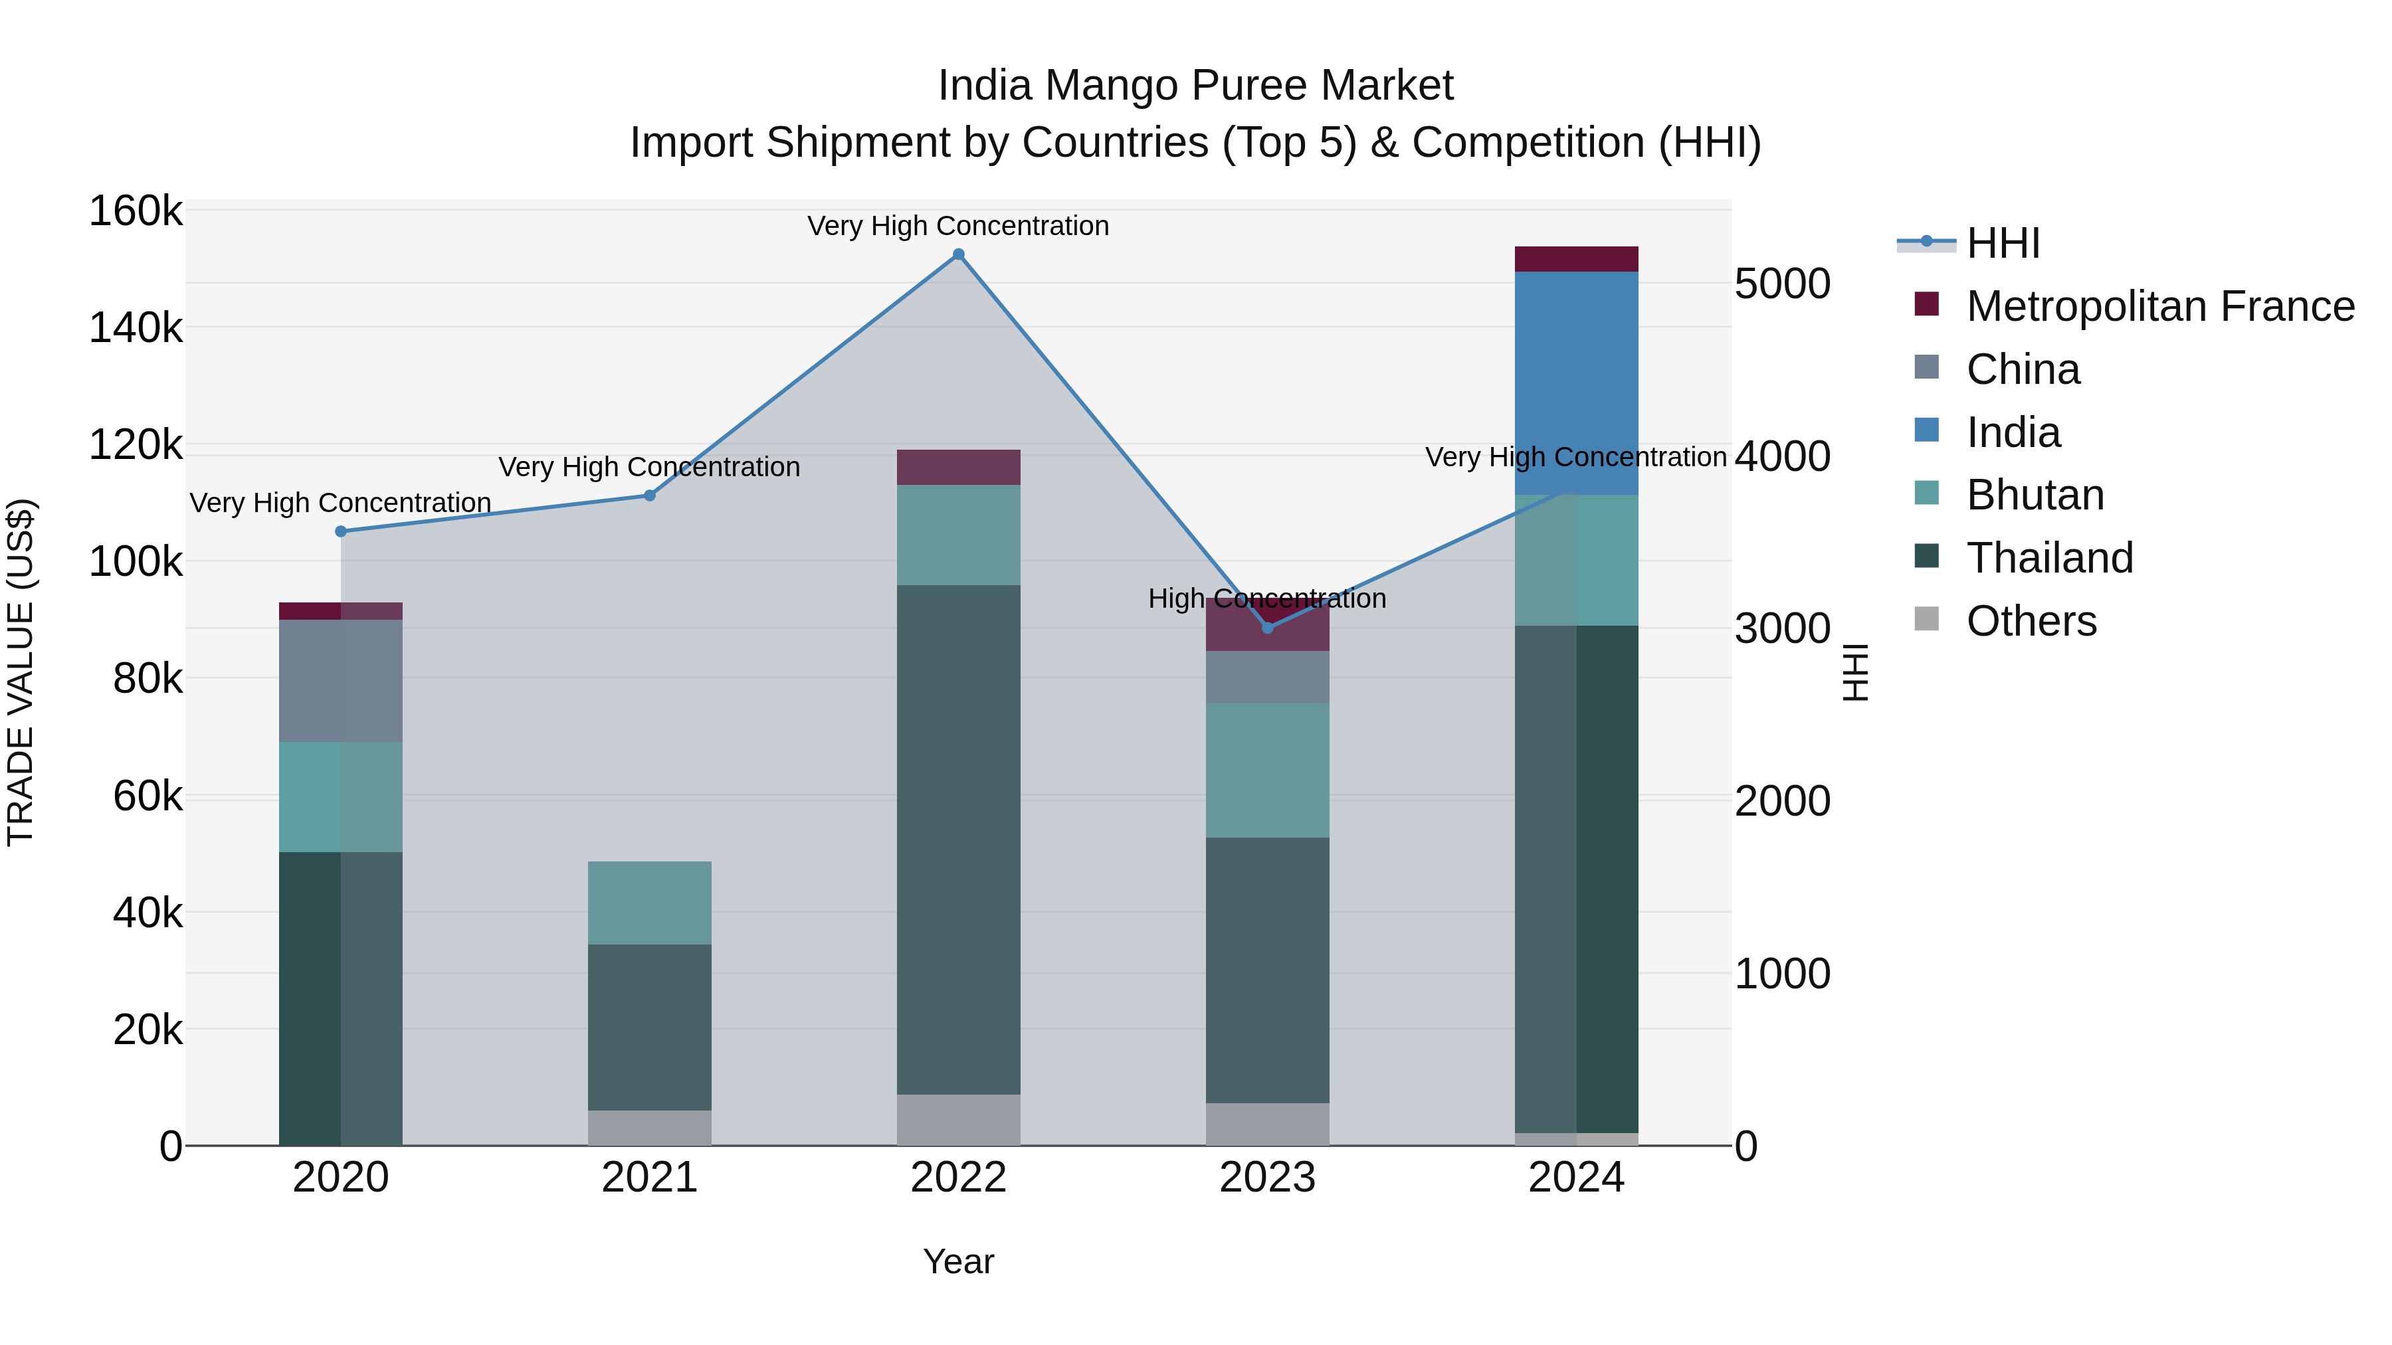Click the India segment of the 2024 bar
[x=1576, y=383]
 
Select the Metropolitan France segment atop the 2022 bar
[x=958, y=467]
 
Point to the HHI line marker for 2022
[x=958, y=254]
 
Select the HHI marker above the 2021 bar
[x=650, y=495]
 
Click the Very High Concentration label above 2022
[x=957, y=226]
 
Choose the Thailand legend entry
[x=2048, y=558]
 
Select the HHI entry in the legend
[x=2002, y=243]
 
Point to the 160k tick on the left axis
[x=136, y=212]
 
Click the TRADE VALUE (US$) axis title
[x=21, y=672]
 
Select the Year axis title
[x=958, y=1261]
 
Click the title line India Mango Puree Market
[x=1195, y=86]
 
